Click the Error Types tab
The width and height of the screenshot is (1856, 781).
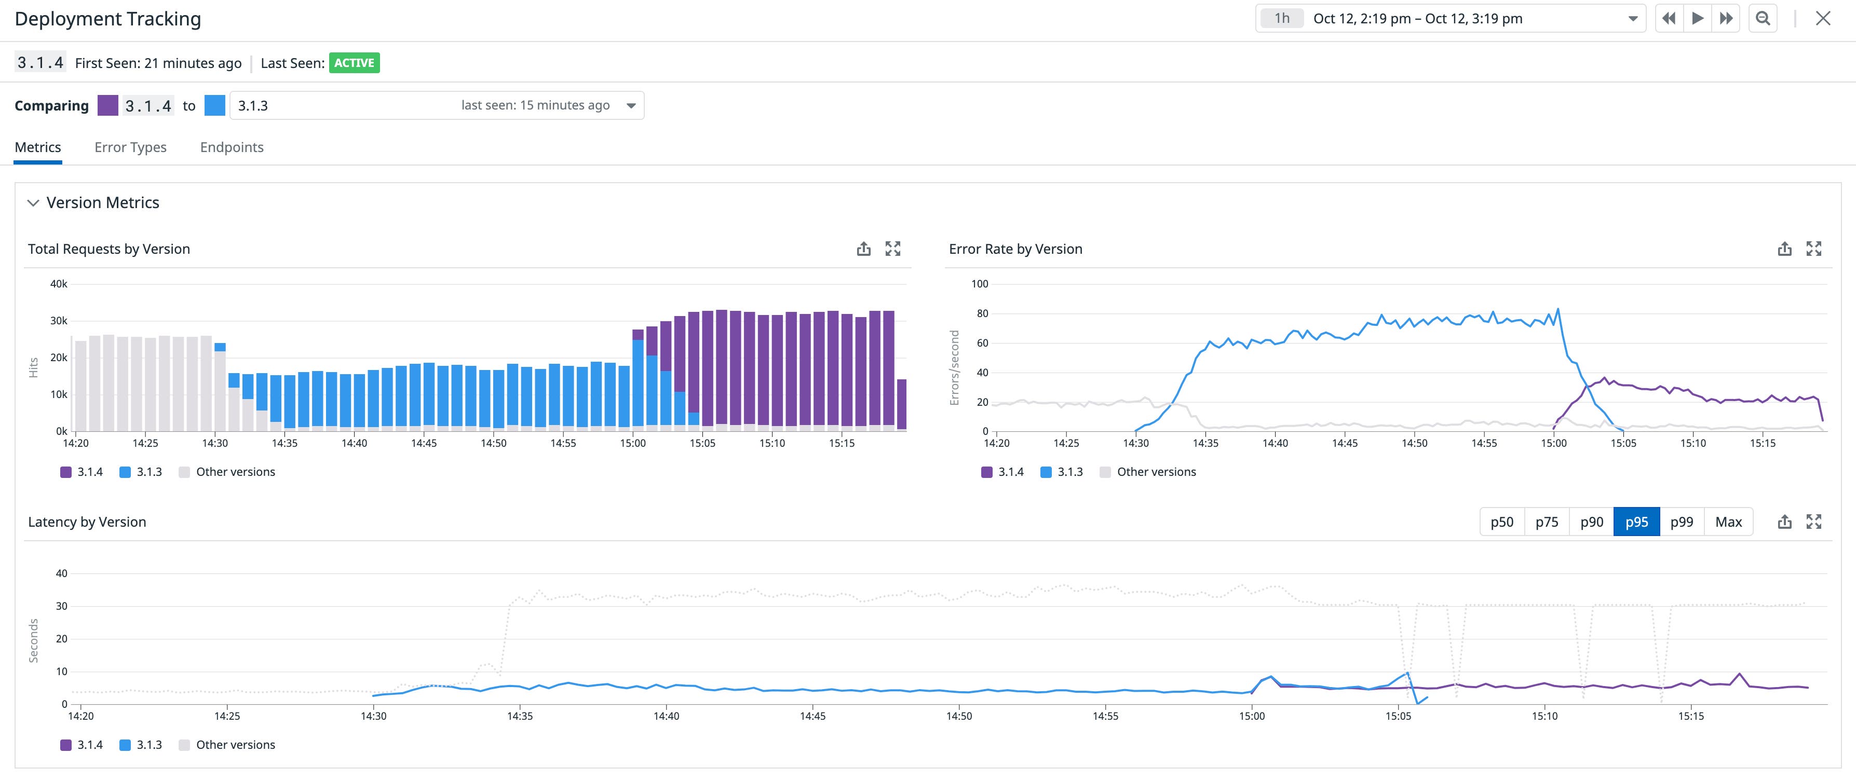[x=130, y=147]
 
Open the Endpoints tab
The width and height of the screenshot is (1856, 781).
[x=231, y=147]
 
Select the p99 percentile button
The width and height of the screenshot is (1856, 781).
[x=1681, y=522]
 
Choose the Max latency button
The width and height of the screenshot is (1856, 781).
[x=1728, y=522]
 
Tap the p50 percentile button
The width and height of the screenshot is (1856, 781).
[x=1501, y=522]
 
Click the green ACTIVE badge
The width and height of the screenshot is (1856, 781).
[x=354, y=63]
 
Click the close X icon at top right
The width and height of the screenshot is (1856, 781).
[x=1822, y=19]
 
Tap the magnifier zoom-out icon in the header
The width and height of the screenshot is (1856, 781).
[x=1763, y=19]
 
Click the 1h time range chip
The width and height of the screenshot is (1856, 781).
[x=1281, y=19]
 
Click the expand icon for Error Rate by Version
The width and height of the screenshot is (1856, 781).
[x=1813, y=249]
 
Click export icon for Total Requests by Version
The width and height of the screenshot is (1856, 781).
[x=863, y=249]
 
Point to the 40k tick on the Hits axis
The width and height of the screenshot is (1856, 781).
[x=58, y=284]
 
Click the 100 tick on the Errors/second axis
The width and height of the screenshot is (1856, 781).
[x=979, y=284]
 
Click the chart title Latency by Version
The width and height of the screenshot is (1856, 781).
[x=87, y=522]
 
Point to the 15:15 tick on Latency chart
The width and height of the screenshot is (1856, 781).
[x=1690, y=716]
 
